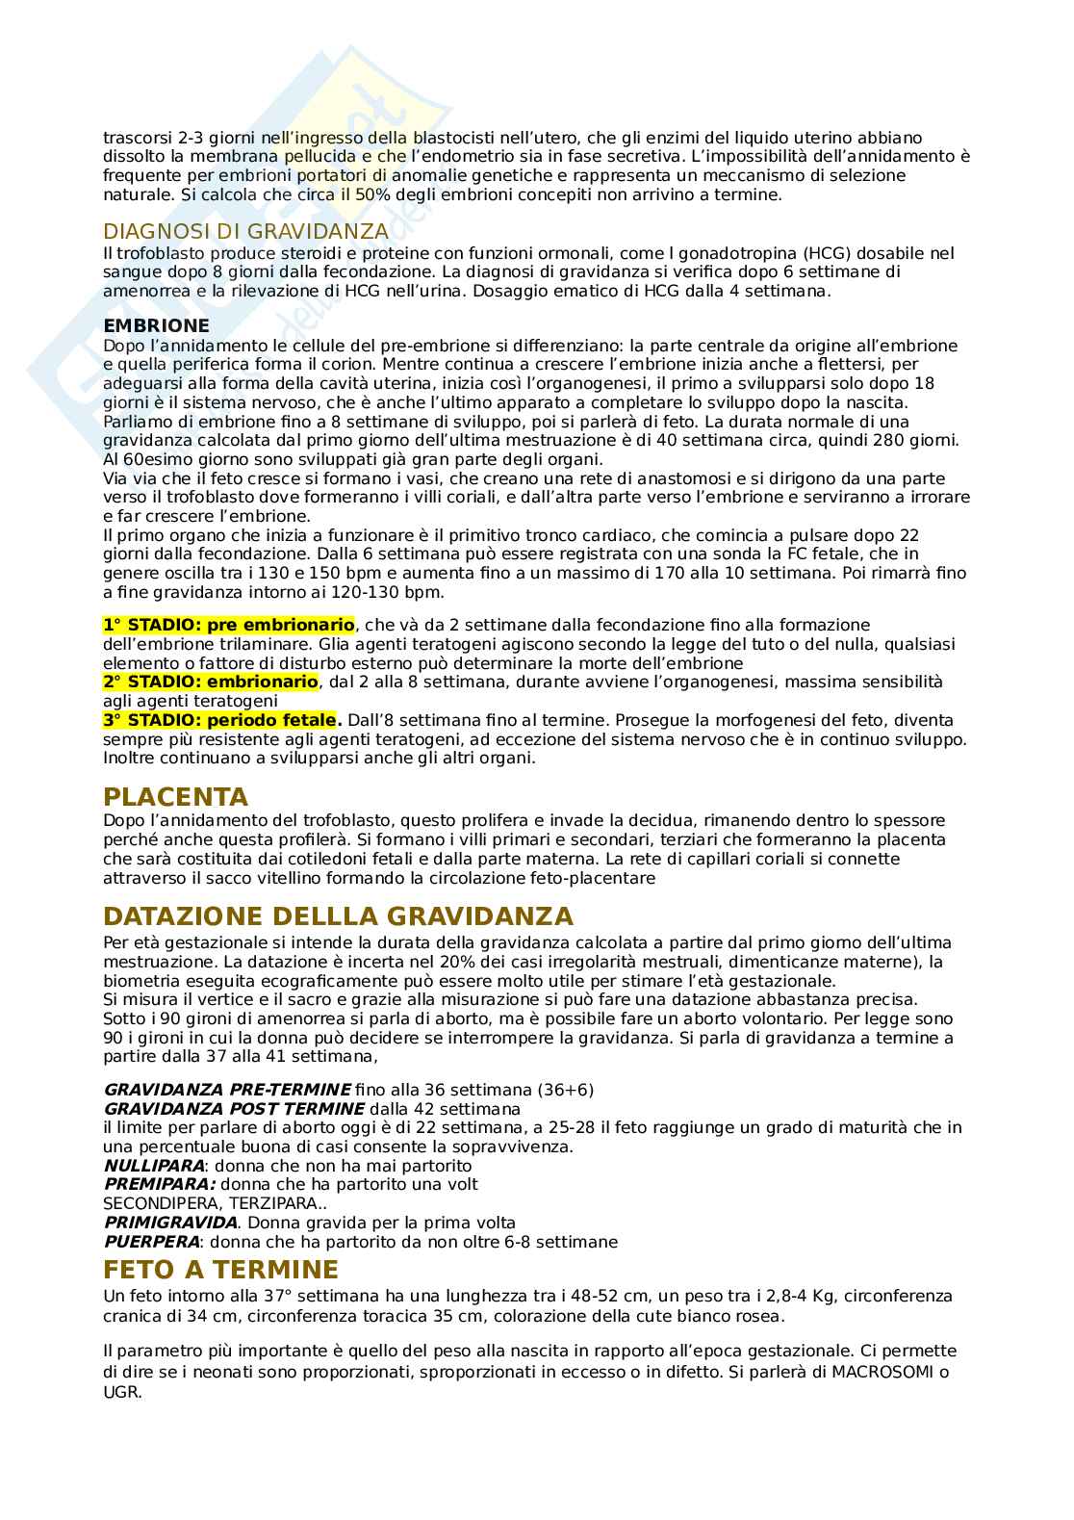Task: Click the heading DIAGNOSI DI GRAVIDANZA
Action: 245,231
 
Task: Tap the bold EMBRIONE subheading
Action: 156,326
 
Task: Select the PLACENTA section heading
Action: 175,797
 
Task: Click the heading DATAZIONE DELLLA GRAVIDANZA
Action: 338,915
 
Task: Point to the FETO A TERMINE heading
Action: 220,1269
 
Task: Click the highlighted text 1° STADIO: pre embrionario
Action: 228,625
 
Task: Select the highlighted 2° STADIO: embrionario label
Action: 210,682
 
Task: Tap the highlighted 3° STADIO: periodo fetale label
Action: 221,720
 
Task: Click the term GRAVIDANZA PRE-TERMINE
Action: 226,1090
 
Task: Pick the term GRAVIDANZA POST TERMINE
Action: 234,1109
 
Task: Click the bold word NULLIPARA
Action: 153,1166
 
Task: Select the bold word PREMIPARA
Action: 159,1184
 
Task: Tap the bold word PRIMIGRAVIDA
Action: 170,1223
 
